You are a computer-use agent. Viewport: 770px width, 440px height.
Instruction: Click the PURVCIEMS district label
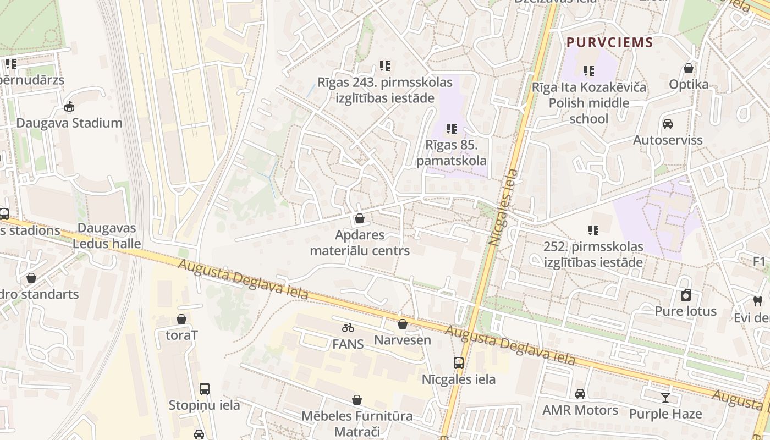pos(609,42)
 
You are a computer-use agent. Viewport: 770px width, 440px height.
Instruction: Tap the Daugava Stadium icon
pos(69,107)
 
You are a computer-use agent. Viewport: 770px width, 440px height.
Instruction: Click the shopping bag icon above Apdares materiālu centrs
pos(360,219)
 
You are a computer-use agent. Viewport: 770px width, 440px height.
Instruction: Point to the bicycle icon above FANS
pos(348,328)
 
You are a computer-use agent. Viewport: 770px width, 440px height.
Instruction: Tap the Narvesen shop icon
pos(403,324)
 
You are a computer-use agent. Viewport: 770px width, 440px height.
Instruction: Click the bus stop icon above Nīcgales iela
pos(459,363)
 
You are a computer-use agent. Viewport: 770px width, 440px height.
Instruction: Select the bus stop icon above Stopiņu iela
pos(205,389)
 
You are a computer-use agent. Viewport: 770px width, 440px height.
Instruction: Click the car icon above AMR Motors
pos(580,394)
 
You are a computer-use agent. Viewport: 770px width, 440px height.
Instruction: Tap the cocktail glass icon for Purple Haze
pos(665,397)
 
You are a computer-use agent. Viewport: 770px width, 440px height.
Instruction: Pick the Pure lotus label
pos(685,311)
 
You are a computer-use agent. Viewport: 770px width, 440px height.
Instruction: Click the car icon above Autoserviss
pos(668,124)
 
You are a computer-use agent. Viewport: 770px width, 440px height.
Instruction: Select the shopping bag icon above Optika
pos(688,68)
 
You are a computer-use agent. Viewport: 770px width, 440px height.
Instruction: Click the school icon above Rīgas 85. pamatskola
pos(452,129)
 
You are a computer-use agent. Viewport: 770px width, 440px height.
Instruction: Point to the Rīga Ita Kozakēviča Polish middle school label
pos(589,103)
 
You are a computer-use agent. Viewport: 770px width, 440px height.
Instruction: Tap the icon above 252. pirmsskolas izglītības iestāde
pos(593,230)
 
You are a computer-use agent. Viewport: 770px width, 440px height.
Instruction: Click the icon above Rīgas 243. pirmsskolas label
pos(385,67)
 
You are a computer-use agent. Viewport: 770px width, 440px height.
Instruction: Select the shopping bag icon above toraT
pos(182,319)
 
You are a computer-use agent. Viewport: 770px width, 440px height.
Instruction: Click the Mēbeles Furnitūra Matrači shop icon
pos(357,400)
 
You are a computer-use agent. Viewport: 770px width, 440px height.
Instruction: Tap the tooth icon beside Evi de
pos(758,301)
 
